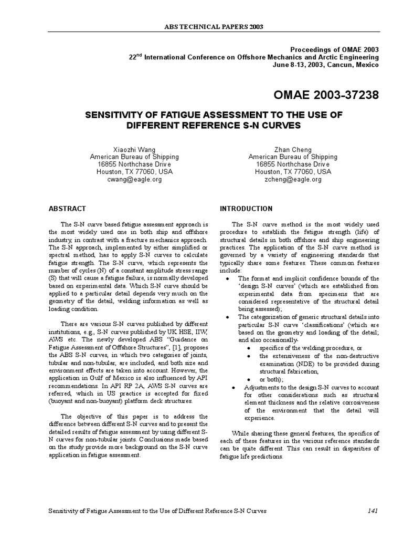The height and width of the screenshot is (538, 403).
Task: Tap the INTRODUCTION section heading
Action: [246, 209]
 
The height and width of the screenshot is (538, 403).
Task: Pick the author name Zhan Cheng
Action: [293, 149]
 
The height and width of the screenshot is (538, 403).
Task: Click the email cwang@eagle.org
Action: [134, 179]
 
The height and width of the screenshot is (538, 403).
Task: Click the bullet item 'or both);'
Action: [270, 379]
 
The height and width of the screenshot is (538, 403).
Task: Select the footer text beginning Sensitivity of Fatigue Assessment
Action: [157, 511]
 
